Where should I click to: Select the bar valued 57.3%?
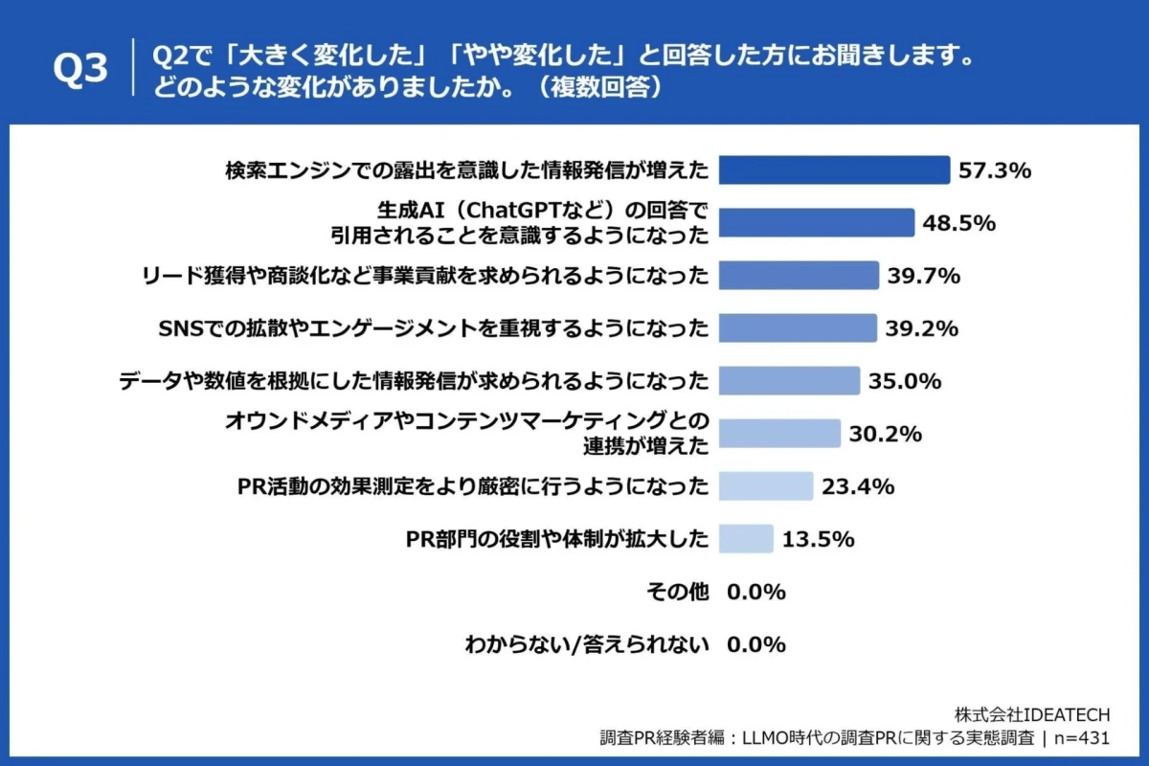click(834, 170)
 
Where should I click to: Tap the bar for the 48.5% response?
click(817, 223)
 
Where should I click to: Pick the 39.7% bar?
click(799, 276)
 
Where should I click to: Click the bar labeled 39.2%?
click(798, 328)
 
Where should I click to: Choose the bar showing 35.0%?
click(789, 381)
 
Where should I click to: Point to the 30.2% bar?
click(779, 434)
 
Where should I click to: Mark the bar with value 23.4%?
click(765, 486)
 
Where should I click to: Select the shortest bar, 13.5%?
click(745, 539)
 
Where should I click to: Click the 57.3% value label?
click(994, 171)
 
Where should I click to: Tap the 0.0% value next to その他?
click(756, 592)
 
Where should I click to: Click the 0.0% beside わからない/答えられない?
click(756, 644)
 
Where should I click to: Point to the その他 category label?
click(678, 592)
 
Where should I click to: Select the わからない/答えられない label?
click(586, 644)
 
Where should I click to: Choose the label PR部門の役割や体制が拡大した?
click(558, 539)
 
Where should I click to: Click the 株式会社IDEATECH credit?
click(1032, 714)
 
